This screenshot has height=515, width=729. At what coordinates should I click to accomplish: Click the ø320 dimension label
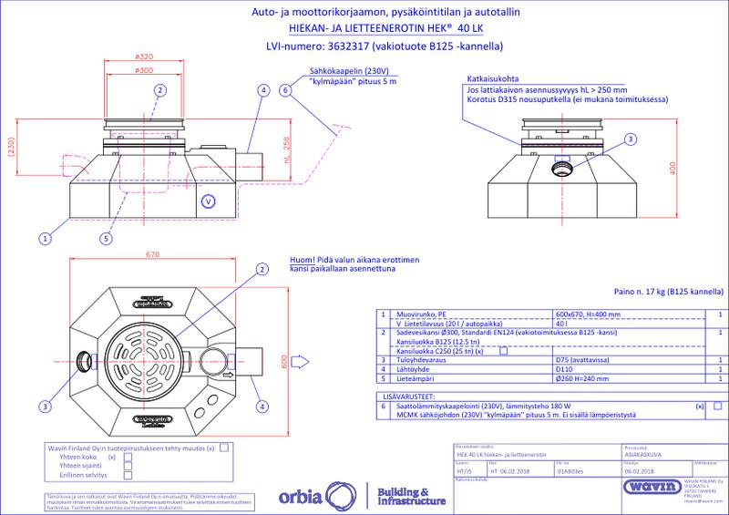pos(142,57)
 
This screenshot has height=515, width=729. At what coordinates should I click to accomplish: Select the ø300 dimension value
pos(142,69)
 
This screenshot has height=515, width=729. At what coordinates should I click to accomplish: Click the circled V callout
pos(207,201)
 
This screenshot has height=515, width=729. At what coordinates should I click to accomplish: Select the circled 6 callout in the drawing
pos(285,90)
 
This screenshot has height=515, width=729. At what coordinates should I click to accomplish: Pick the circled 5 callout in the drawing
pos(108,239)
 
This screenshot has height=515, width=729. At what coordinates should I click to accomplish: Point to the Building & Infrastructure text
pos(409,497)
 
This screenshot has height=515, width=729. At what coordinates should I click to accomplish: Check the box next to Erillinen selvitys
pos(128,475)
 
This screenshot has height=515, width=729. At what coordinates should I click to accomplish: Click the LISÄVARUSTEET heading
pos(408,397)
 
